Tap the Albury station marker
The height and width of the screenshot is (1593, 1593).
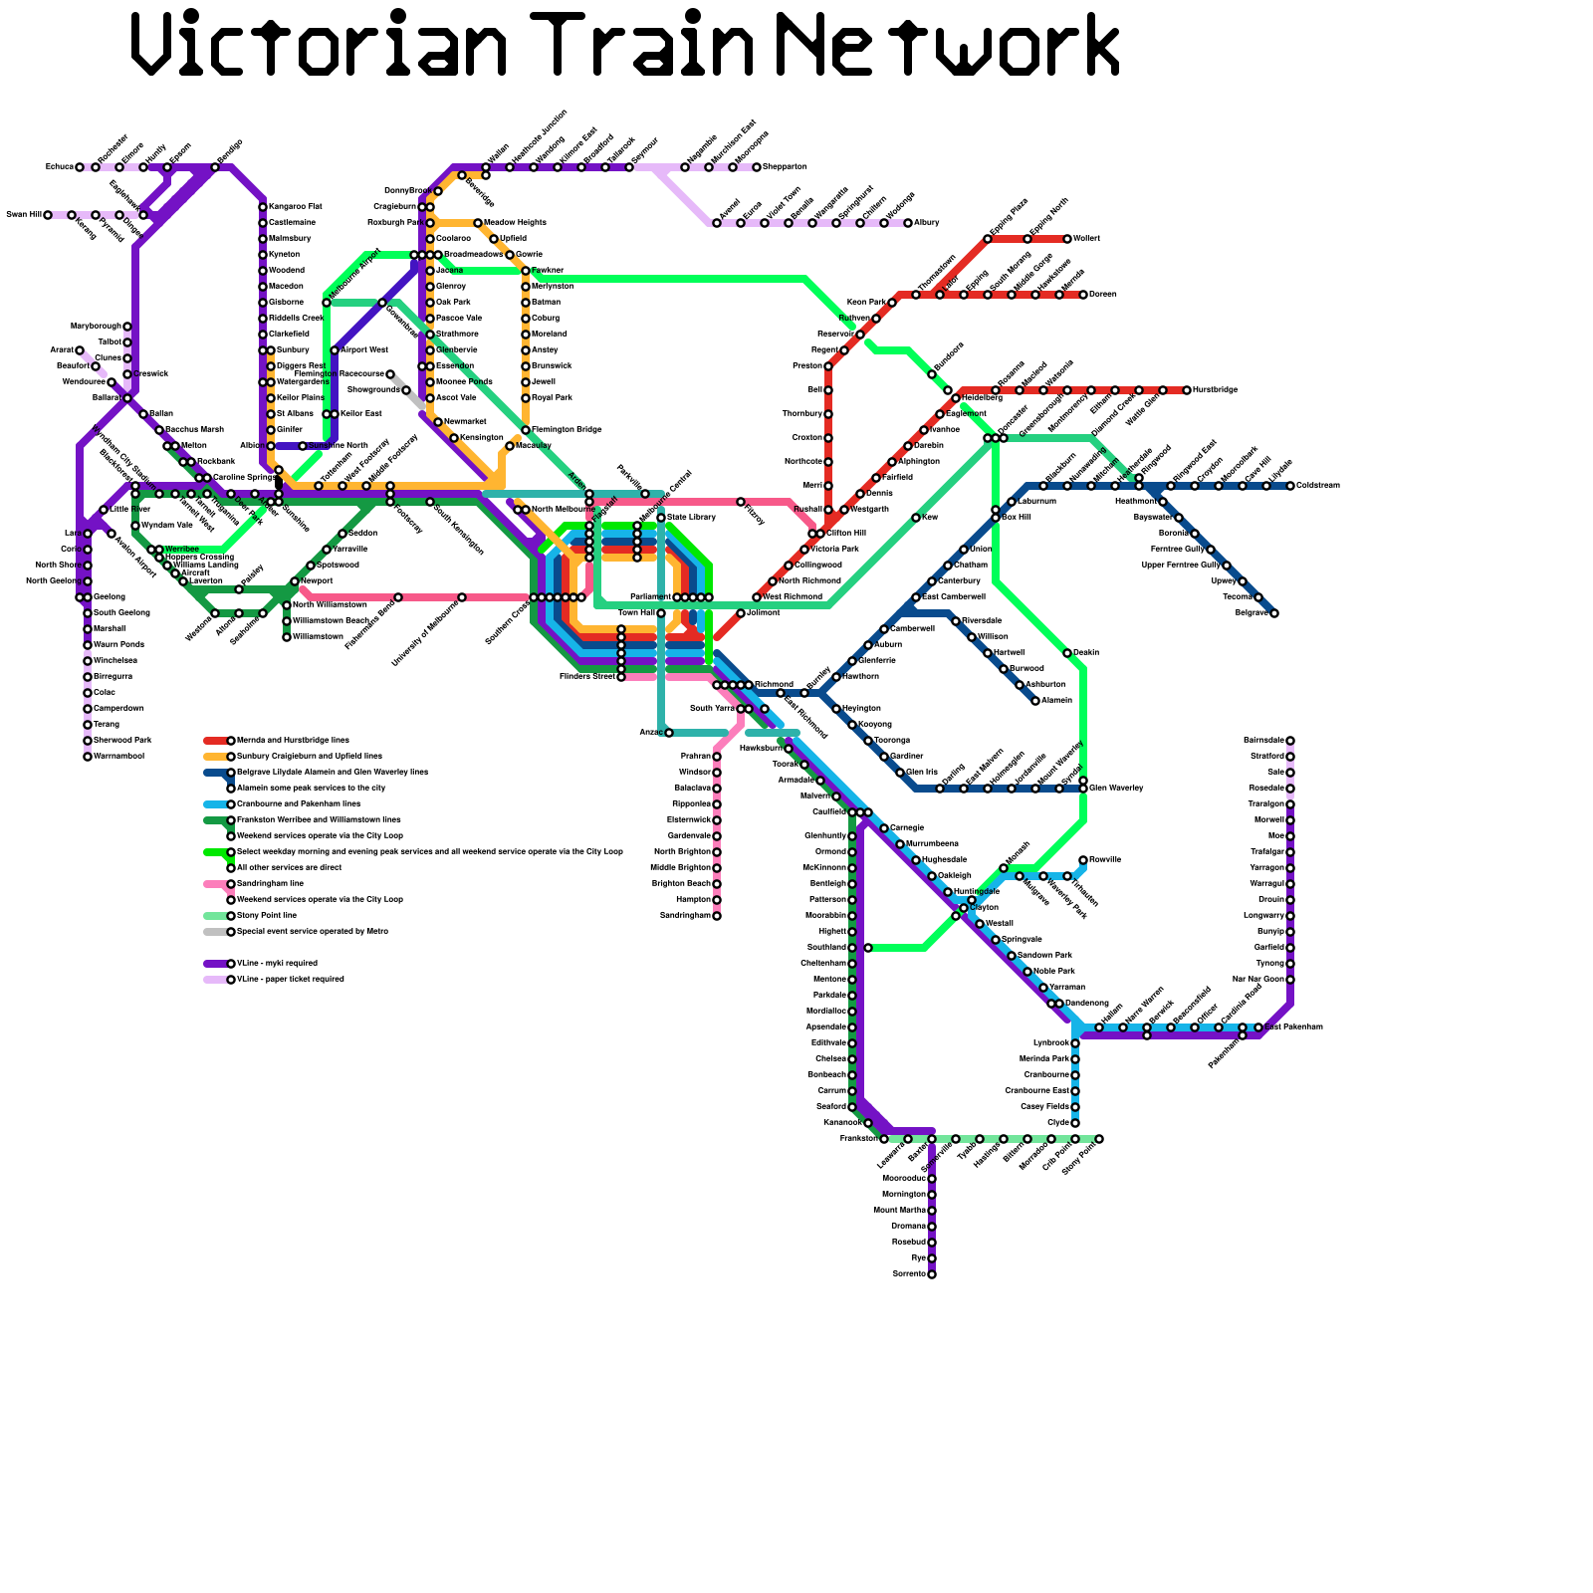tap(908, 223)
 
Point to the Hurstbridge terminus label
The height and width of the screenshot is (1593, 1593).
tap(1215, 390)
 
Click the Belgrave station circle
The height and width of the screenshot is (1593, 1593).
tap(1274, 613)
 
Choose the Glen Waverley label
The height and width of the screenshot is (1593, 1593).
tap(1116, 789)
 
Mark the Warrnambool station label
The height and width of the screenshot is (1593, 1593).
tap(118, 757)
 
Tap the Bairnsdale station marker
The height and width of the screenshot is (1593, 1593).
tap(1290, 741)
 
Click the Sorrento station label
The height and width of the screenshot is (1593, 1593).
tap(908, 1274)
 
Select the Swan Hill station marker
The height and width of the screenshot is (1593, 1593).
tap(48, 215)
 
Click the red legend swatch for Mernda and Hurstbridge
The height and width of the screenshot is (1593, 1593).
tap(215, 741)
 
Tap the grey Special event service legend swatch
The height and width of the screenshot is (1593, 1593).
tap(215, 932)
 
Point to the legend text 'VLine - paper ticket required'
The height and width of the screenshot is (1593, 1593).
tap(290, 980)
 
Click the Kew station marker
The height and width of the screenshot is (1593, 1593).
tap(916, 518)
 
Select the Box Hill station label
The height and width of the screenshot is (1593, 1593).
tap(1016, 518)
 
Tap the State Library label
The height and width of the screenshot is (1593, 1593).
tap(691, 518)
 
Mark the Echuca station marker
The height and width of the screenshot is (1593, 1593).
tap(80, 167)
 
